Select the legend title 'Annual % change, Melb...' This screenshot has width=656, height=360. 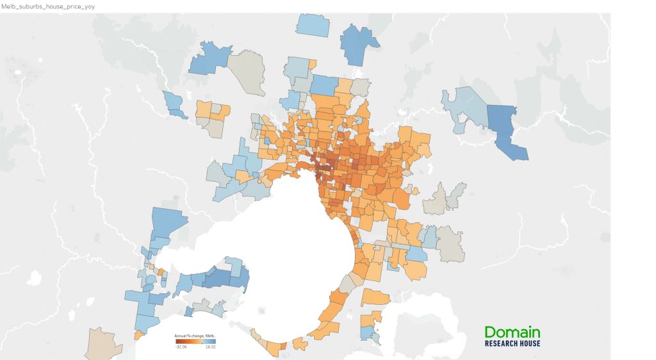pos(195,336)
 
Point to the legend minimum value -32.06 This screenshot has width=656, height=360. pos(181,347)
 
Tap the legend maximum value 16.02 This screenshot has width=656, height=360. pos(210,347)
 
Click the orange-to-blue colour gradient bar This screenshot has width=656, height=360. pos(195,341)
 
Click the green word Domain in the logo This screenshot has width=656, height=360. pos(512,332)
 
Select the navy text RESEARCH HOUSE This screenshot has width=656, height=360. pos(512,343)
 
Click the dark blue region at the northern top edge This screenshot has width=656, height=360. pos(359,45)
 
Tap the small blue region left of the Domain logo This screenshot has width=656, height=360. pos(367,332)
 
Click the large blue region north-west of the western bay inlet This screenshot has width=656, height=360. pos(168,224)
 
